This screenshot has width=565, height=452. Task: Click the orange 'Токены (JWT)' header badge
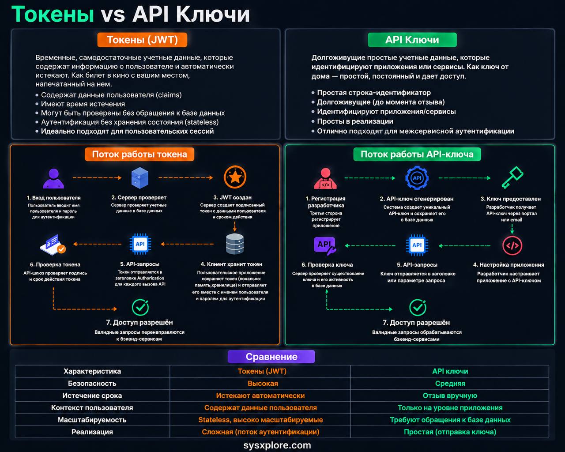click(x=142, y=40)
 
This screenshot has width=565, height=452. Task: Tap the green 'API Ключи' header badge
click(x=412, y=40)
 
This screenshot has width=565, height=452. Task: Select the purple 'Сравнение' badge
click(x=271, y=357)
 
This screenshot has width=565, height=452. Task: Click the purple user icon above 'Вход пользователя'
click(x=53, y=178)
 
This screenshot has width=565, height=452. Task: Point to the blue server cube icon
click(x=139, y=178)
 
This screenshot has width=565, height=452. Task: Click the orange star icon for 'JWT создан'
click(x=235, y=177)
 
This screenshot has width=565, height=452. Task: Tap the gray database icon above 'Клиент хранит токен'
click(x=235, y=244)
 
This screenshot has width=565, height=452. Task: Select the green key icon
click(x=512, y=177)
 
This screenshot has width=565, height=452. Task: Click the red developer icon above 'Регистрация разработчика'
click(x=326, y=179)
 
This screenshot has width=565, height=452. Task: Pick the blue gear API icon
click(x=417, y=178)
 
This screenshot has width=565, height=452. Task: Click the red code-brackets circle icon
click(x=512, y=245)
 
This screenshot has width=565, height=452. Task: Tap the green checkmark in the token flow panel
click(x=140, y=307)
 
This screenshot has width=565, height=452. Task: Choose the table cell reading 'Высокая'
click(x=263, y=384)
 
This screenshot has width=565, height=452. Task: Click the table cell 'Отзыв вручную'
click(x=450, y=395)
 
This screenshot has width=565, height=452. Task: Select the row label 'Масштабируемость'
click(x=92, y=420)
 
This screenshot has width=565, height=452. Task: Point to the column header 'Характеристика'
click(x=92, y=371)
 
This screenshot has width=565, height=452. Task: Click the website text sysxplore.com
click(x=277, y=445)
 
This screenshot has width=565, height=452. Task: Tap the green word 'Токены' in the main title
click(x=53, y=14)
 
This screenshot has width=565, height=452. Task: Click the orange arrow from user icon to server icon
click(x=97, y=178)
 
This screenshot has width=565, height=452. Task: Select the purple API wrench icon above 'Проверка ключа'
click(x=325, y=246)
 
